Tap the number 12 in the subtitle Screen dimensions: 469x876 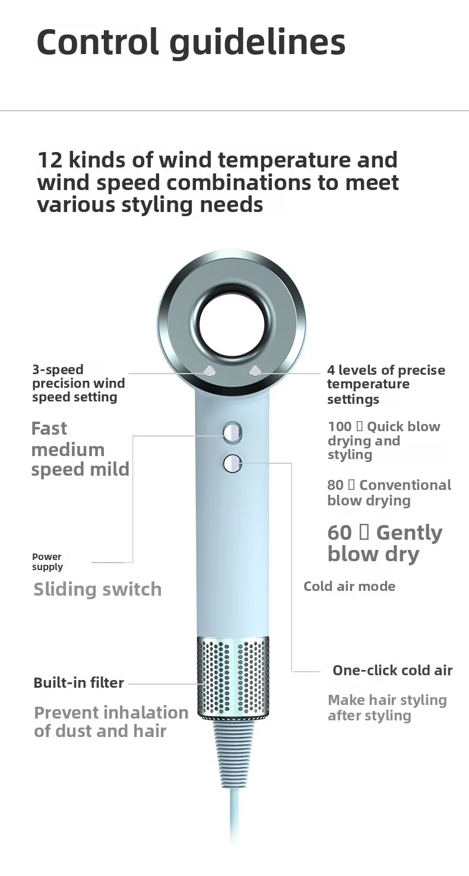(x=49, y=160)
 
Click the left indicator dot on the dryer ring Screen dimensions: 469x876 (x=208, y=372)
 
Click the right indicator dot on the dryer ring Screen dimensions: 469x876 (x=255, y=372)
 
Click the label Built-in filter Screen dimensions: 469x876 (x=78, y=683)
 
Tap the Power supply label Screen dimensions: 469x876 (x=47, y=562)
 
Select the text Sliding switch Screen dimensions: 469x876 (x=97, y=589)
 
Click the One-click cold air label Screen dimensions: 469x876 (x=392, y=671)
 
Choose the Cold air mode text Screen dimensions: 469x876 (x=349, y=587)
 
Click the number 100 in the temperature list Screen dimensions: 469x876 (x=340, y=426)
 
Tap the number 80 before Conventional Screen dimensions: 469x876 (x=335, y=485)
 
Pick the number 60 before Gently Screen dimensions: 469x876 (x=340, y=533)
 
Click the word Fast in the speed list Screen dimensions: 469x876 (x=49, y=429)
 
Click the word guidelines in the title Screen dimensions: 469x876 (x=258, y=42)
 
